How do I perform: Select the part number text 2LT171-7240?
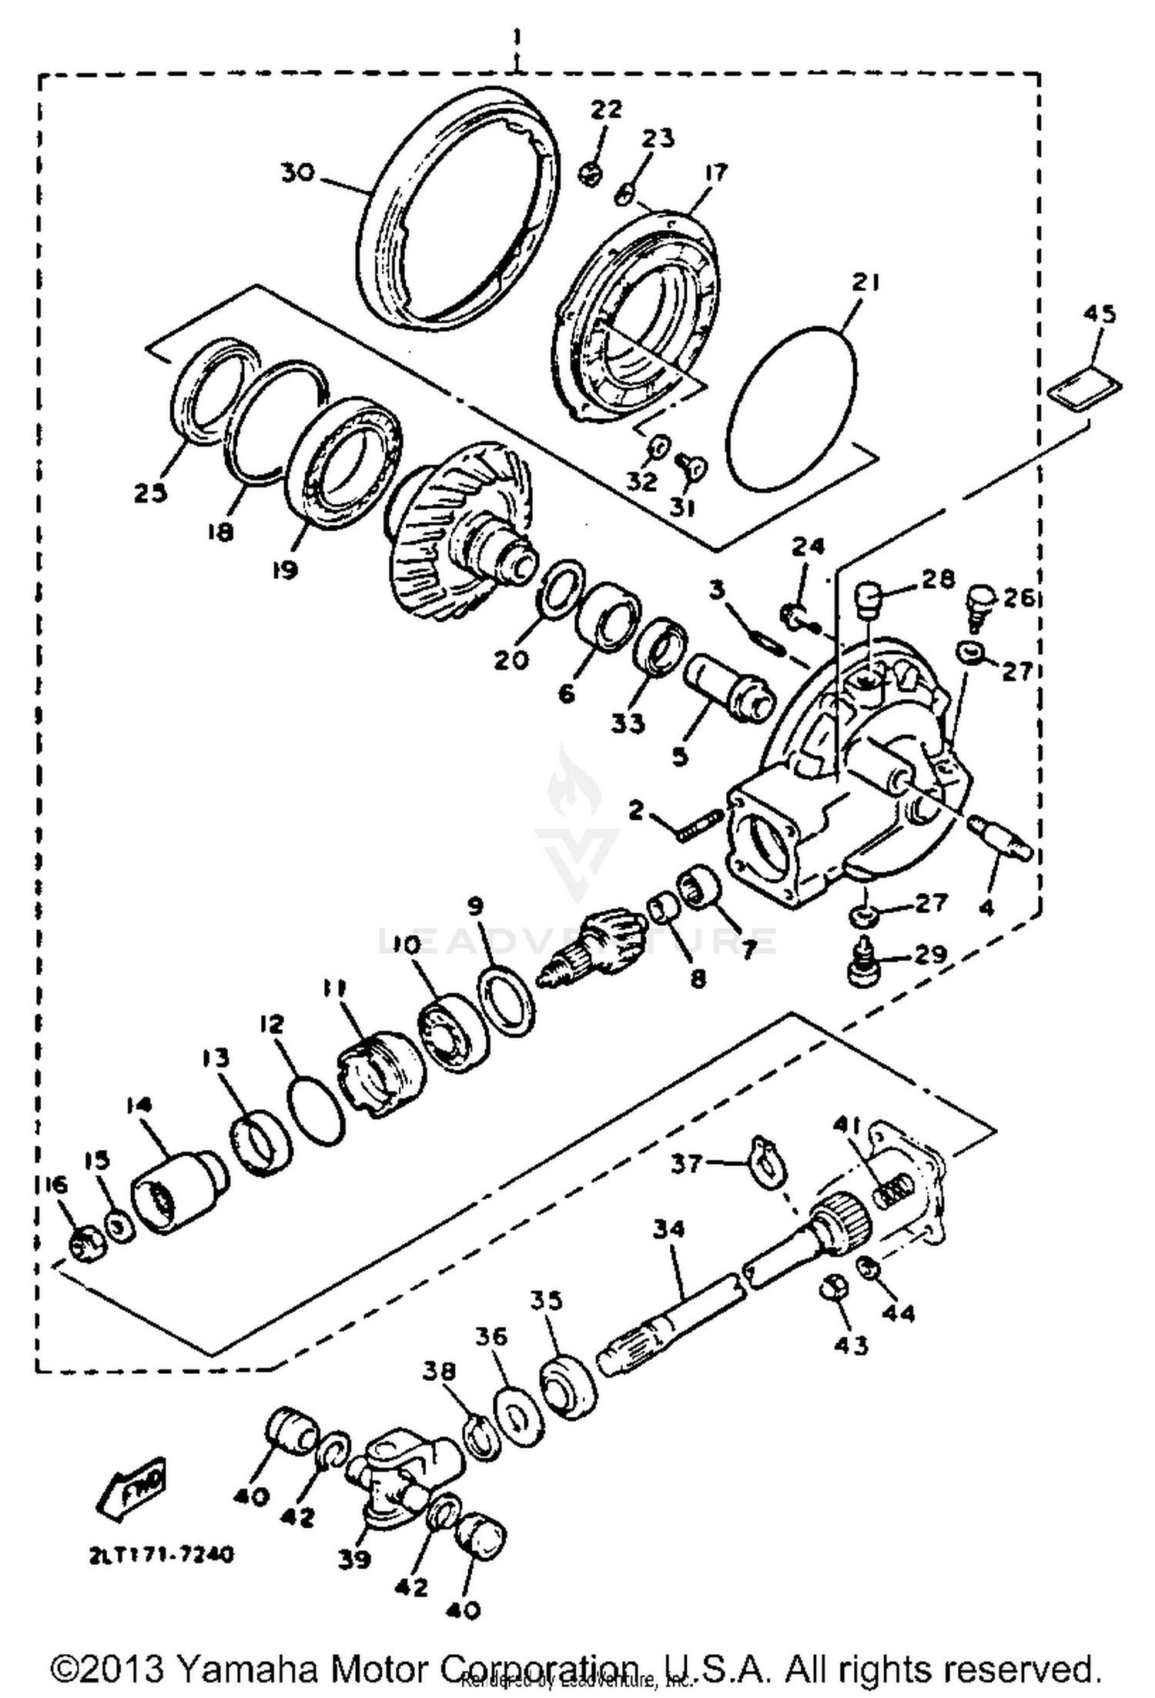[x=160, y=1554]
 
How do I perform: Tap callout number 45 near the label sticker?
[x=1099, y=314]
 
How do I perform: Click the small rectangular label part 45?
[x=1086, y=385]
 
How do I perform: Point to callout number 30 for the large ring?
[x=297, y=173]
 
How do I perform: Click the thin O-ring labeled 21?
[x=792, y=408]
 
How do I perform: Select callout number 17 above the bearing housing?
[x=715, y=172]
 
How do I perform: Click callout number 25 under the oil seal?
[x=151, y=493]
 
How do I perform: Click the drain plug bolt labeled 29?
[x=864, y=964]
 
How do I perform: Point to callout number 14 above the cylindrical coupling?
[x=141, y=1106]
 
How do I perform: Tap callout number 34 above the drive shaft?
[x=668, y=1229]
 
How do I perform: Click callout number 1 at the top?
[x=517, y=36]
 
